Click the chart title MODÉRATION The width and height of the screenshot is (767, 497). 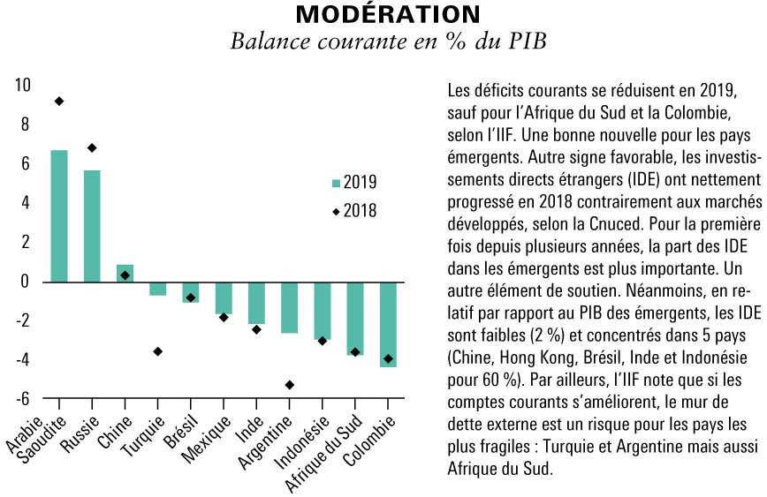(x=388, y=14)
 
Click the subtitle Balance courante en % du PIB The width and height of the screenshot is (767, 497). (x=388, y=41)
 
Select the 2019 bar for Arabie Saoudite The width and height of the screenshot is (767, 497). (x=59, y=216)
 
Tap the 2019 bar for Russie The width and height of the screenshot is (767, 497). (x=92, y=226)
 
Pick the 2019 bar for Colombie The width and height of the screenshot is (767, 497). (x=388, y=325)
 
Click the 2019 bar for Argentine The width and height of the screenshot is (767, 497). (x=290, y=308)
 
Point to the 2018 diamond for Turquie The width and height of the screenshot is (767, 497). (x=157, y=351)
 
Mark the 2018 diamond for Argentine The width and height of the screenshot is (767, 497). (x=290, y=385)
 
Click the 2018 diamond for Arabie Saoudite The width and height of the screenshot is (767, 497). (x=59, y=102)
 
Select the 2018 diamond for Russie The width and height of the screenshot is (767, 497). (x=92, y=147)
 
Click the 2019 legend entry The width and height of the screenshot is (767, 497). (x=354, y=182)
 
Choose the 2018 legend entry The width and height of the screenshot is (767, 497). (x=354, y=211)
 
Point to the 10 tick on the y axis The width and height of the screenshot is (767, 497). (x=22, y=85)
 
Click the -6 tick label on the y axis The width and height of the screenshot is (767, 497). (x=22, y=399)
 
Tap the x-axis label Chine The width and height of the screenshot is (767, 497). (x=115, y=432)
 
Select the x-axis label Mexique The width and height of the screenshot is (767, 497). (x=206, y=440)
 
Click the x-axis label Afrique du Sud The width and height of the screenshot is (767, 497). (x=323, y=453)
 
